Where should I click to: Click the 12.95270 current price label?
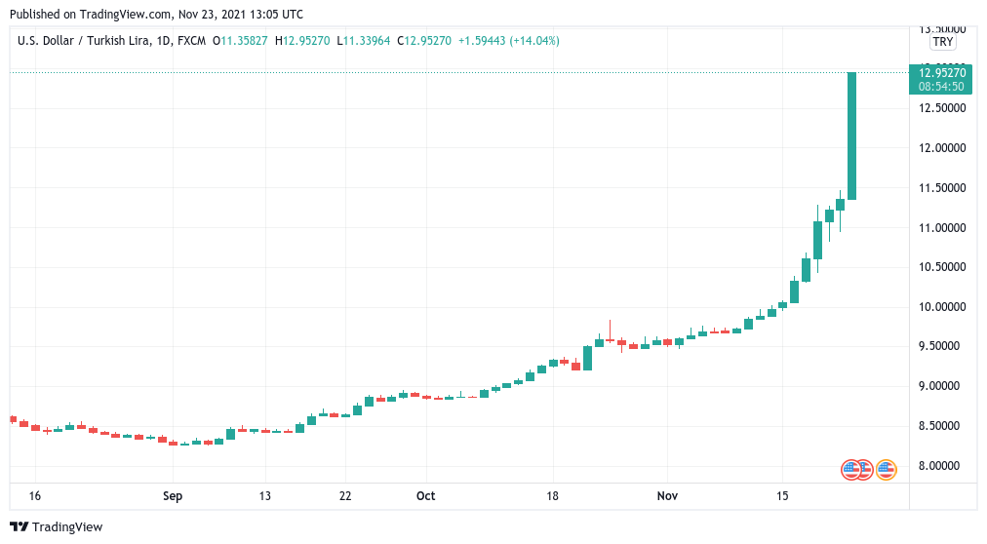point(942,72)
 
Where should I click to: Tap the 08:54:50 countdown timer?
point(942,86)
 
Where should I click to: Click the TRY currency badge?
point(942,42)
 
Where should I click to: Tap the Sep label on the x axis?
point(173,496)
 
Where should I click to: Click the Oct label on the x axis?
point(425,496)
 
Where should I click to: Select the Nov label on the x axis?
point(667,496)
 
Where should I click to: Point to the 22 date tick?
point(345,496)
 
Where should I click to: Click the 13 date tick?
point(264,496)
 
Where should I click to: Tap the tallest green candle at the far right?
point(851,136)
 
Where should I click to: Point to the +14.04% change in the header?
point(532,41)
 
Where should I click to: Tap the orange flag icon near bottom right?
point(886,470)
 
